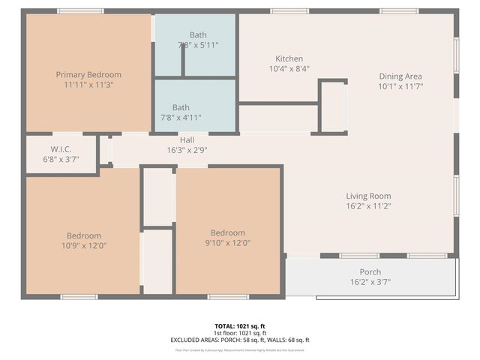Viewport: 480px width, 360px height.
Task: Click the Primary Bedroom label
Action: pyautogui.click(x=88, y=75)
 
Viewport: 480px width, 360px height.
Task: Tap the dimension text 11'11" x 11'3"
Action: pyautogui.click(x=88, y=85)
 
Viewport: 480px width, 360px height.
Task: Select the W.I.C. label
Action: pyautogui.click(x=61, y=149)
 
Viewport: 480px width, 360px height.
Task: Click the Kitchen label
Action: pyautogui.click(x=289, y=58)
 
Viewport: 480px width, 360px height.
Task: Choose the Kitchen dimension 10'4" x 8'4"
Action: pyautogui.click(x=289, y=68)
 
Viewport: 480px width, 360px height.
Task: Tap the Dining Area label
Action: pyautogui.click(x=400, y=76)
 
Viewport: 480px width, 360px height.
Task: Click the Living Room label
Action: pyautogui.click(x=369, y=196)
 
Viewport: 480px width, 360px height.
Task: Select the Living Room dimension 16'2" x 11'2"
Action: pyautogui.click(x=369, y=205)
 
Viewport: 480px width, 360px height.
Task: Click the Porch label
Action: pyautogui.click(x=370, y=272)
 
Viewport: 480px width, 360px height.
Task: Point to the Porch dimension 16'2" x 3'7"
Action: pyautogui.click(x=370, y=282)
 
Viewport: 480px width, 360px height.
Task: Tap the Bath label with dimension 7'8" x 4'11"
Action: pyautogui.click(x=181, y=107)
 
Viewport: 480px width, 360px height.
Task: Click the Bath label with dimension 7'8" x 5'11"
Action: pyautogui.click(x=198, y=35)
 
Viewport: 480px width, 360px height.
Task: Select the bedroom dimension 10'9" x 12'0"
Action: pyautogui.click(x=84, y=245)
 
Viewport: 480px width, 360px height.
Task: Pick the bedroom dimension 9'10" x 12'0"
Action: pyautogui.click(x=227, y=242)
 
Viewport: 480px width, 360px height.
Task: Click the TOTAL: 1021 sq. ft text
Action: pyautogui.click(x=240, y=326)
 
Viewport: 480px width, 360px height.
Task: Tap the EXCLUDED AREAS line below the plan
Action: pyautogui.click(x=240, y=340)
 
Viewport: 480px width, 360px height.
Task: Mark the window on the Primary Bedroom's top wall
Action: pyautogui.click(x=80, y=11)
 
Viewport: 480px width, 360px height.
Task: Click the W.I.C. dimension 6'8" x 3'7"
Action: pyautogui.click(x=61, y=159)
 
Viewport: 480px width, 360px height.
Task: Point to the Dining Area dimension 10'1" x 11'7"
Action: pyautogui.click(x=400, y=86)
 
